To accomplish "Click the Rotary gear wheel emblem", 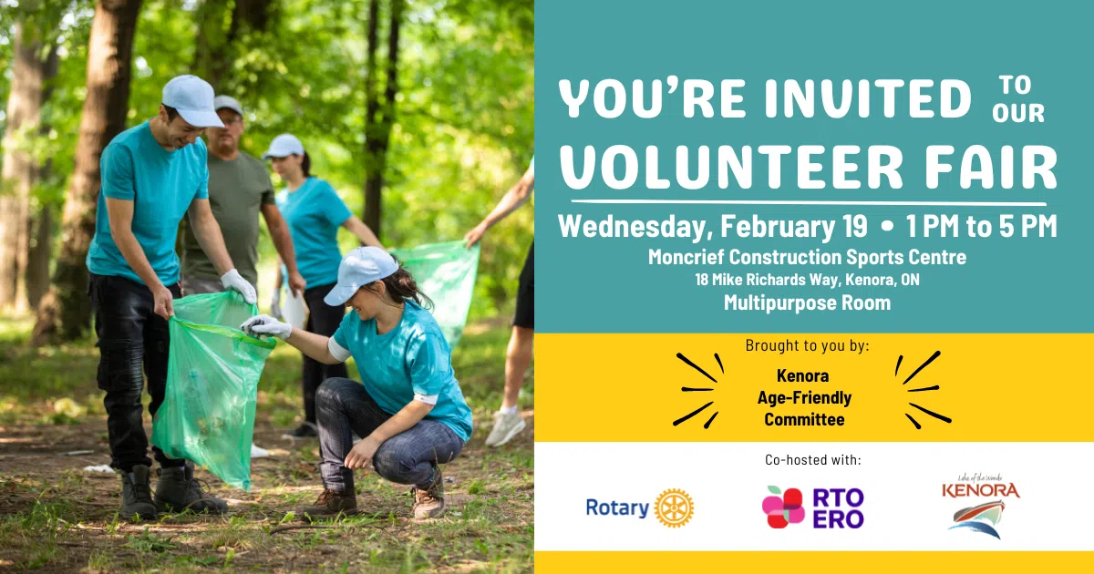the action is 674,508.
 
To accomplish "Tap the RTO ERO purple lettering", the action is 838,508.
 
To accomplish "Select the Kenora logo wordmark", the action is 981,490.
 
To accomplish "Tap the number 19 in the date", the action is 855,226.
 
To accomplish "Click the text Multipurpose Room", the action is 808,302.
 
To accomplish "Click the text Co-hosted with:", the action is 813,460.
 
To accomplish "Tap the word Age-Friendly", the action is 804,398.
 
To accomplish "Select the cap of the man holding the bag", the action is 192,100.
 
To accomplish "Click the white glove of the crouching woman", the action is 266,327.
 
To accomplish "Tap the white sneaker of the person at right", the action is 505,426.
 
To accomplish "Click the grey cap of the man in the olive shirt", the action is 228,104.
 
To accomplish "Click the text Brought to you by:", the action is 808,345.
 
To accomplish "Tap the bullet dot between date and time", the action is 888,227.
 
